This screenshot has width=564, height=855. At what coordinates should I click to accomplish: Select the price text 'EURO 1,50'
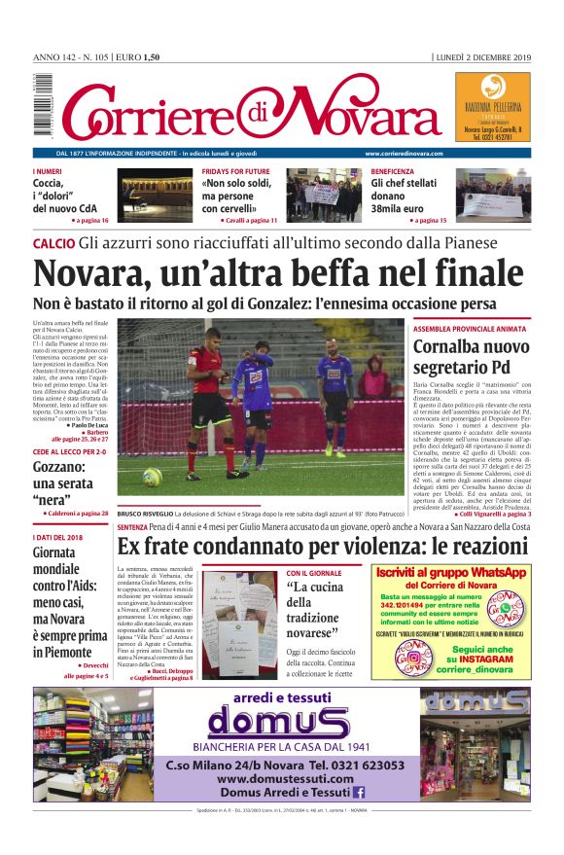(138, 57)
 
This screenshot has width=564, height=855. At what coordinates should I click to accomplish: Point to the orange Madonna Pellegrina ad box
(492, 108)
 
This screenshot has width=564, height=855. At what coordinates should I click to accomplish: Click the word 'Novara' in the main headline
(95, 272)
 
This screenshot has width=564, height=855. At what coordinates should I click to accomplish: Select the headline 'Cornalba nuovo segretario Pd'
(472, 357)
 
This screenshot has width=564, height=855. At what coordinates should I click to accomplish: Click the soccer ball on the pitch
(153, 477)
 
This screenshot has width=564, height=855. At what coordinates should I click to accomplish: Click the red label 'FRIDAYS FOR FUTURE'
(236, 171)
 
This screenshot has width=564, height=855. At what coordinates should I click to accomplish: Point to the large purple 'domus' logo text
(278, 722)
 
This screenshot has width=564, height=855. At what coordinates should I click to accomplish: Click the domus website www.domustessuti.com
(284, 778)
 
